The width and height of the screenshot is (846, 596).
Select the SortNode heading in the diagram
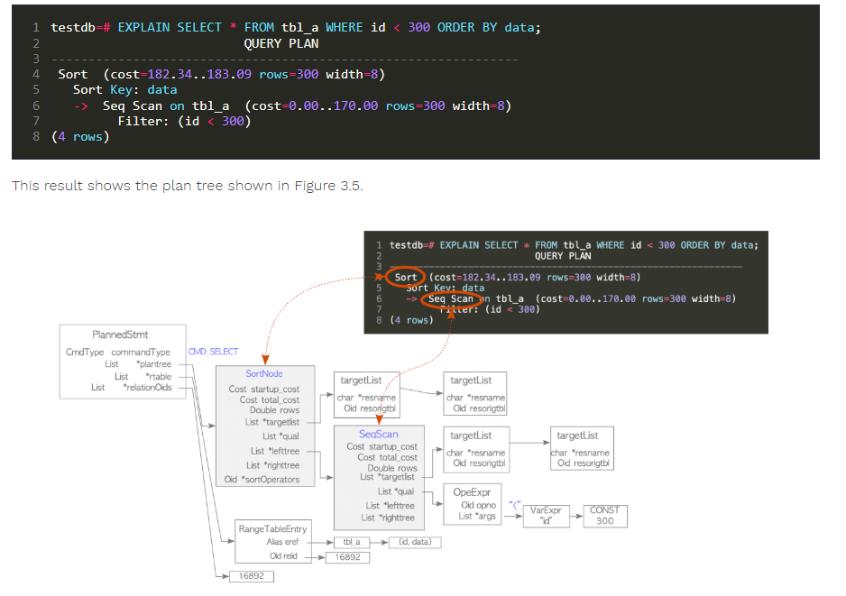click(x=264, y=373)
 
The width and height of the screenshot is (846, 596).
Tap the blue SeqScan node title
click(x=378, y=434)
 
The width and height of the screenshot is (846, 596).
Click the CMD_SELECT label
click(x=213, y=352)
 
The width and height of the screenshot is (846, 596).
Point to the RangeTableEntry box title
click(x=271, y=528)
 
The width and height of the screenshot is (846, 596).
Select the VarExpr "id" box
click(x=545, y=516)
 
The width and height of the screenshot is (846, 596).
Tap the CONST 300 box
click(x=604, y=516)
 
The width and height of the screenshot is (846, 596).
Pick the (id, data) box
click(x=415, y=542)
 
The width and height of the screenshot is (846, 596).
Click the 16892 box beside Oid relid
click(x=347, y=557)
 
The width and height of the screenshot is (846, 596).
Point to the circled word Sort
click(x=406, y=277)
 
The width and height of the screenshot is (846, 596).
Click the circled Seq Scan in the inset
click(x=451, y=299)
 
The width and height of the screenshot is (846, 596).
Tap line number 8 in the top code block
click(x=36, y=137)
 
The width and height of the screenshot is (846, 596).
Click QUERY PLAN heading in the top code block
click(x=280, y=42)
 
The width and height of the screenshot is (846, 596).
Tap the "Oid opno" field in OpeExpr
click(x=480, y=505)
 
